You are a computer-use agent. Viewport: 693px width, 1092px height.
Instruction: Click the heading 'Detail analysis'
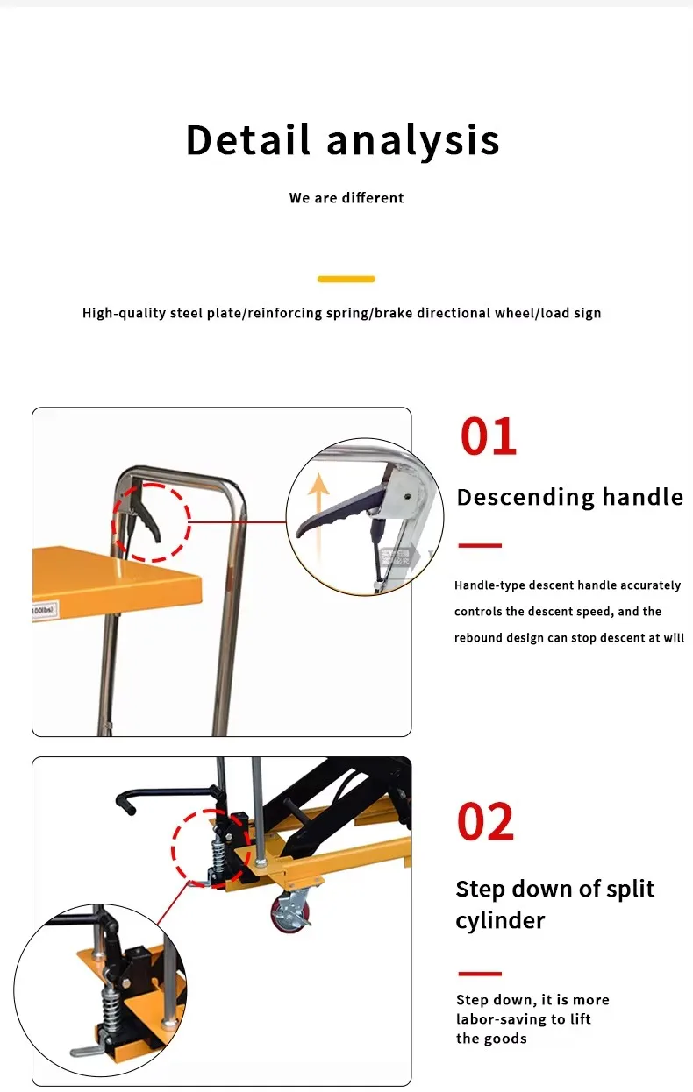[x=342, y=140]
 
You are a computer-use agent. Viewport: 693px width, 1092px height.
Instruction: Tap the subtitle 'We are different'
[x=346, y=198]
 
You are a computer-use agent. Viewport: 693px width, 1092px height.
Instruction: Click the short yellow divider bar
[x=346, y=279]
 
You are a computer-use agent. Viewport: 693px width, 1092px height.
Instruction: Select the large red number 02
[x=485, y=822]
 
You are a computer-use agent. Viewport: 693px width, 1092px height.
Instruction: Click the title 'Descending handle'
[x=569, y=497]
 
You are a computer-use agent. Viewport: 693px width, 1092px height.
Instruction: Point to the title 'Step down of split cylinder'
[x=554, y=904]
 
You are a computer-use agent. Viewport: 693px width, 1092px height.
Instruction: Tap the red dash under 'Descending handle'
[x=480, y=545]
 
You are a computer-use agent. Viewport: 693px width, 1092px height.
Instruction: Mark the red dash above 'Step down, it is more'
[x=480, y=973]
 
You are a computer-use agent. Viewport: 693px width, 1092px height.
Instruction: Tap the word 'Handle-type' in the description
[x=489, y=585]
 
